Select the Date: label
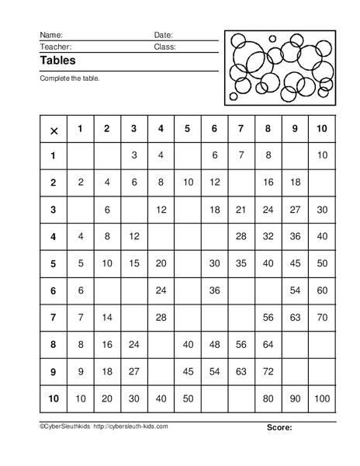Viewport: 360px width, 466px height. click(x=163, y=35)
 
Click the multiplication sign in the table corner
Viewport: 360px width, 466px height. click(x=54, y=130)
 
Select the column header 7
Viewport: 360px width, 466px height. click(x=241, y=128)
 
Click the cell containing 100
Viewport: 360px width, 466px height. click(x=321, y=398)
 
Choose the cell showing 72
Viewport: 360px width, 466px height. click(x=268, y=371)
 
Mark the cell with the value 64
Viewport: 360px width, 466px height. click(x=268, y=344)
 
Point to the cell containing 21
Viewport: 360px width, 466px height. click(x=241, y=210)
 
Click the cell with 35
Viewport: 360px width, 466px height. click(x=241, y=263)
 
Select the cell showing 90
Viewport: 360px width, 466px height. click(x=295, y=398)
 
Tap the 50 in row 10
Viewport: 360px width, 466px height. click(x=188, y=398)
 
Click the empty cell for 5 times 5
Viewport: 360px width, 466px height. click(x=188, y=263)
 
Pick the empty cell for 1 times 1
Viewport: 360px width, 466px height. click(x=81, y=156)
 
